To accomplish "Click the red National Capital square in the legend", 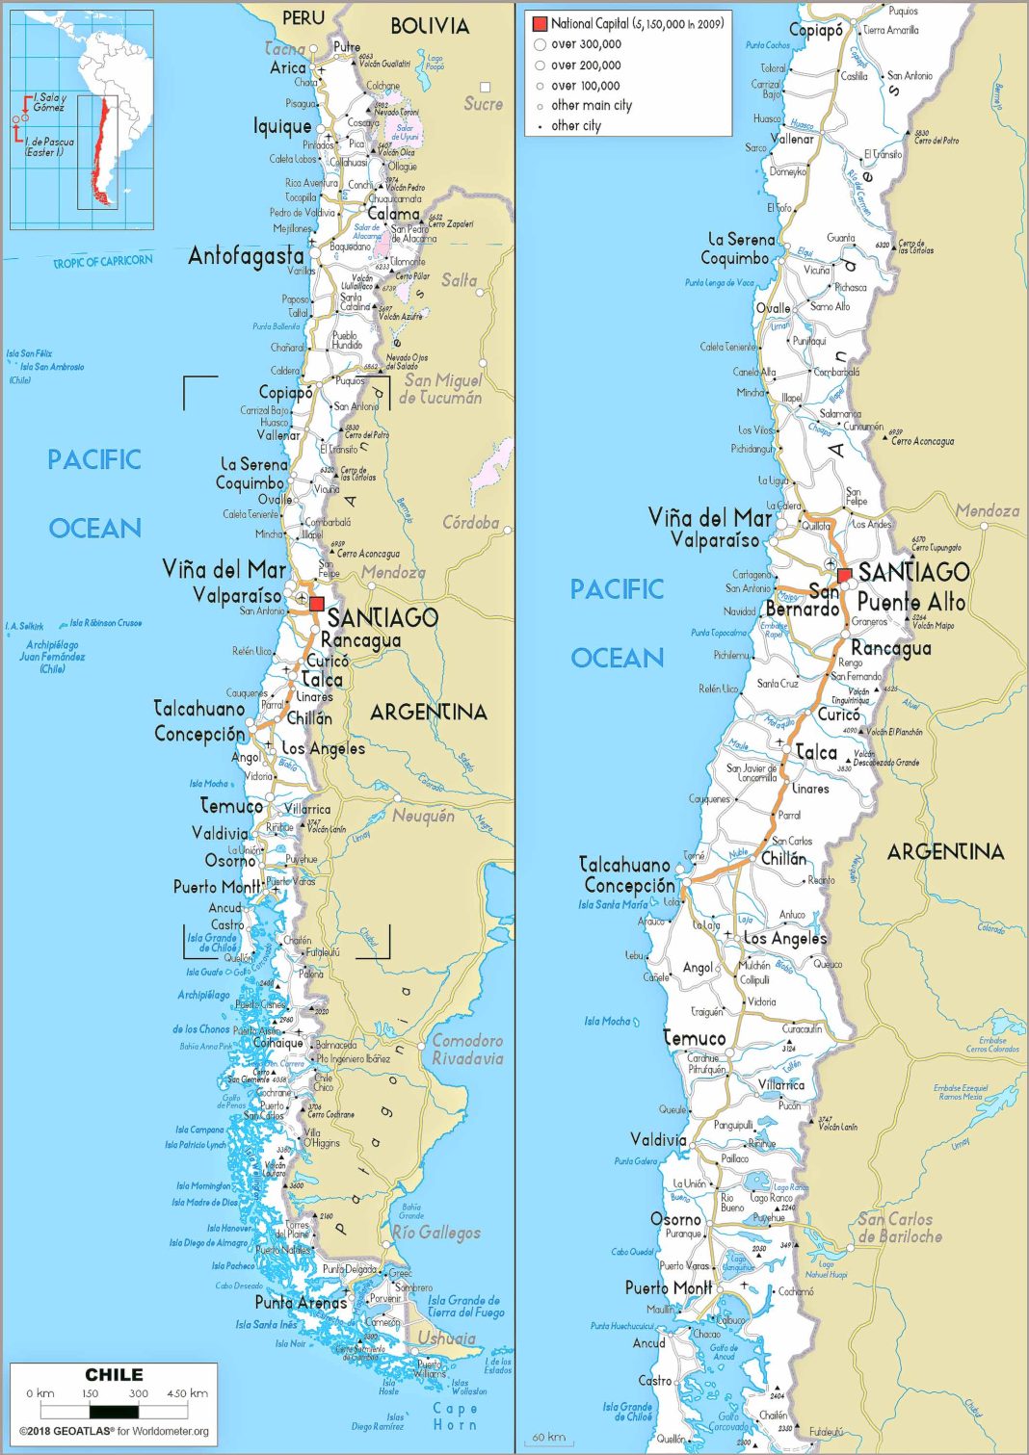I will (540, 23).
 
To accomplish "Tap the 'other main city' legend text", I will (592, 105).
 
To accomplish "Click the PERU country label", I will (303, 17).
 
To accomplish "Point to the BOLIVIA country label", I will (430, 26).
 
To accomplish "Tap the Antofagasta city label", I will (247, 256).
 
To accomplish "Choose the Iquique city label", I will (282, 126).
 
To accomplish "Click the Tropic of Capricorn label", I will (102, 261).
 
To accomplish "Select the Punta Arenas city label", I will (301, 1302).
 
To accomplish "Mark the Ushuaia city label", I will (446, 1338).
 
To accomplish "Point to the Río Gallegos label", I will (436, 1233).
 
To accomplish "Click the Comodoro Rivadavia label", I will (467, 1050).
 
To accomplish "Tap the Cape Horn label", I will (455, 1416).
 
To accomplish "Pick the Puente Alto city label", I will (910, 602).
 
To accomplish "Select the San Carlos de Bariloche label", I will (900, 1228).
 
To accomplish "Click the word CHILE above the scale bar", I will (114, 1374).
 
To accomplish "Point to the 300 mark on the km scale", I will (138, 1393).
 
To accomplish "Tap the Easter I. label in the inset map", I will (49, 146).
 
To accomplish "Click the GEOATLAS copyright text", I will (114, 1431).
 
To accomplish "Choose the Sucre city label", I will (483, 104).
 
